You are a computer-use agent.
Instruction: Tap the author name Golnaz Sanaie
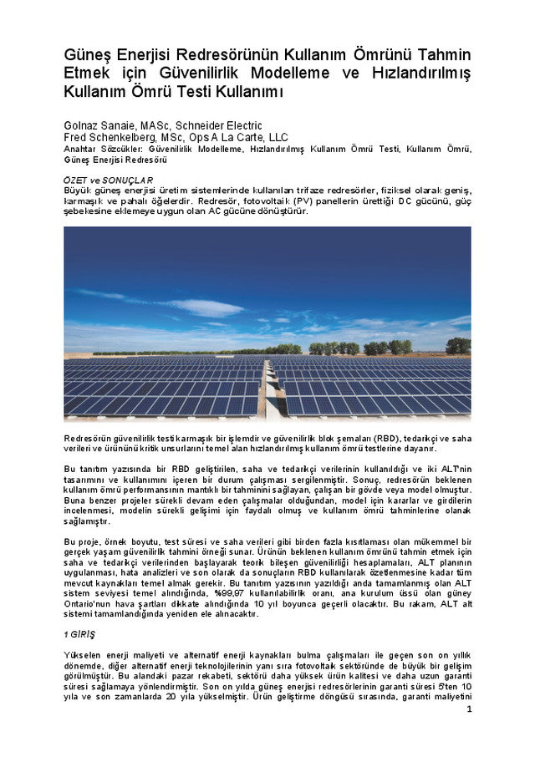(98, 125)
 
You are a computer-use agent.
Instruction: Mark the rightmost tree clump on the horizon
(457, 345)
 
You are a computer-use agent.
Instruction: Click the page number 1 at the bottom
(469, 709)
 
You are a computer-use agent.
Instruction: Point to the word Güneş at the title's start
(86, 54)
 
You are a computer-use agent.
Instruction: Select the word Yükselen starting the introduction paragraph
(83, 654)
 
